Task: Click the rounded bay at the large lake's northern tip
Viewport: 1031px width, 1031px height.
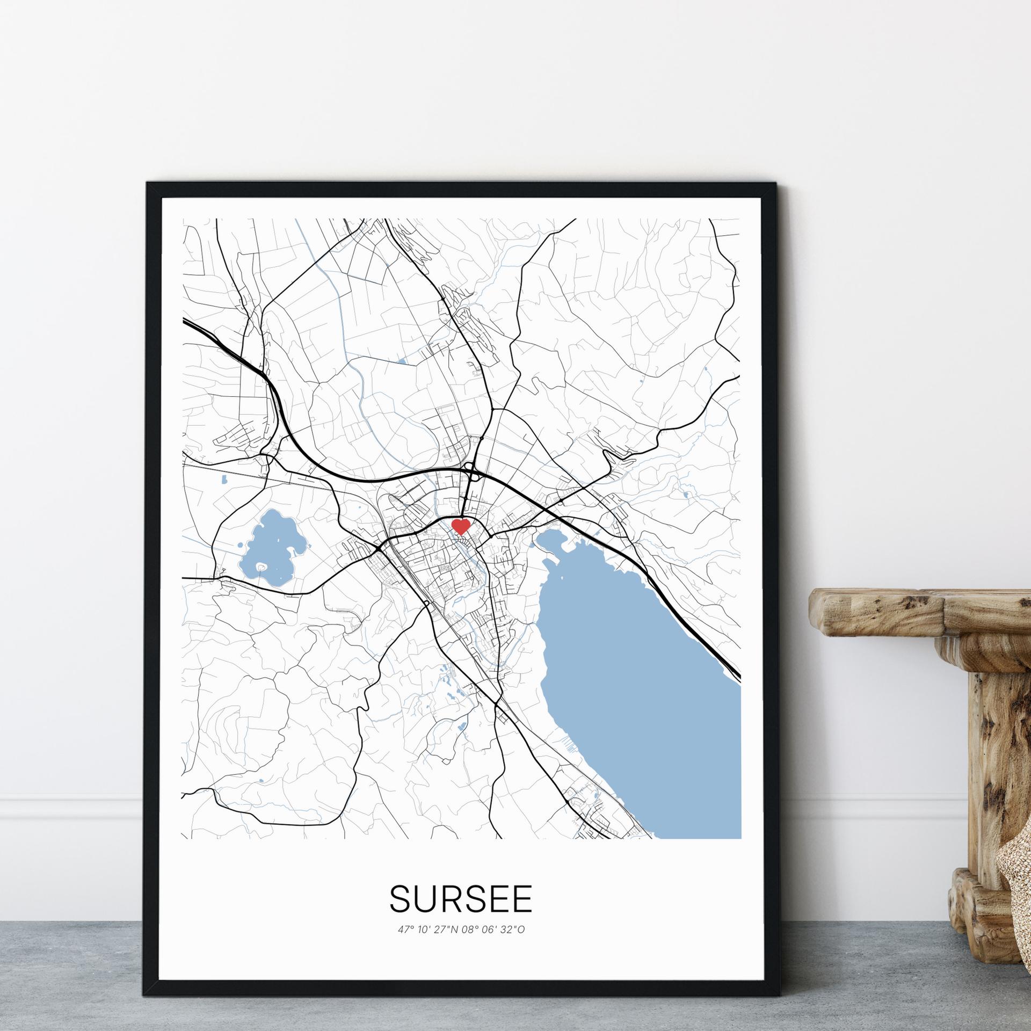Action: (x=553, y=542)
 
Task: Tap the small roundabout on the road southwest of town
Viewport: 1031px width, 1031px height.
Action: (x=427, y=604)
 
